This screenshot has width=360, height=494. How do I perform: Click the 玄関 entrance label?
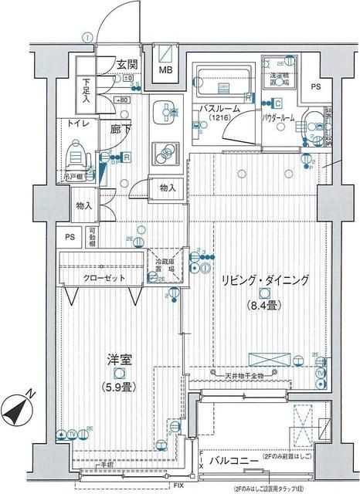coord(127,65)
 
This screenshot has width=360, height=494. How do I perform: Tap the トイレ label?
coord(76,123)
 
